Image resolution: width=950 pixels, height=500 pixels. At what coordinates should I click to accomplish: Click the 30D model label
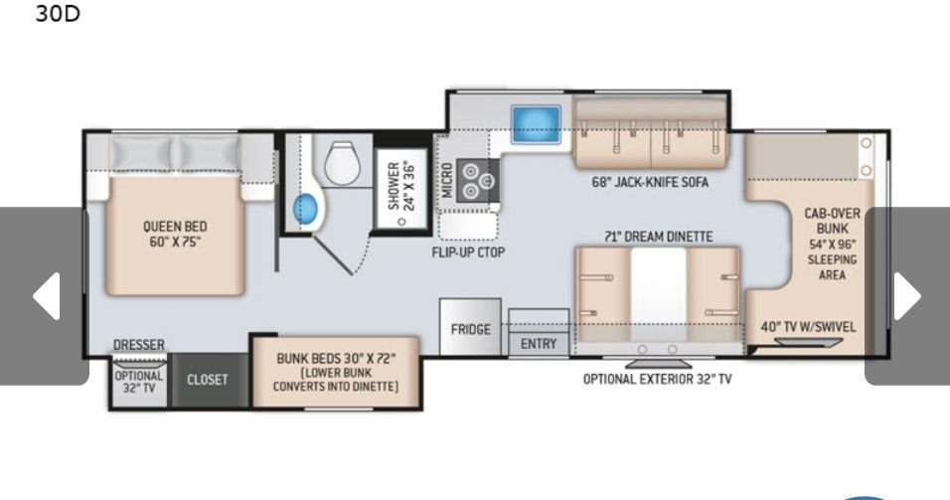click(x=58, y=13)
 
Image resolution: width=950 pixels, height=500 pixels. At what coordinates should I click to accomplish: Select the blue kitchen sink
click(x=536, y=124)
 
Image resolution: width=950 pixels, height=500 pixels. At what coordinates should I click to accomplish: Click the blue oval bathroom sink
click(x=305, y=209)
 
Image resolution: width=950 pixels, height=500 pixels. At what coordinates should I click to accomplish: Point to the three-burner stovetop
click(x=478, y=181)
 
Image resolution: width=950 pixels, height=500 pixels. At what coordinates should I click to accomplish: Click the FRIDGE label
click(x=471, y=329)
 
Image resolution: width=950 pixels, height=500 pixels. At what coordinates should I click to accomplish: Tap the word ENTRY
click(x=539, y=344)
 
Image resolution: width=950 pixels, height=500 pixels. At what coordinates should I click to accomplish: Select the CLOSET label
click(x=208, y=380)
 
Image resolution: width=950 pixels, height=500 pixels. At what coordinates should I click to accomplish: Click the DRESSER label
click(x=139, y=344)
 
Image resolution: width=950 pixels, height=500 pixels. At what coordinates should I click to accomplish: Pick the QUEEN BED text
click(x=175, y=226)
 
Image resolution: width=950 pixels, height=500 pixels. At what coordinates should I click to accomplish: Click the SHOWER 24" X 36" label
click(x=401, y=186)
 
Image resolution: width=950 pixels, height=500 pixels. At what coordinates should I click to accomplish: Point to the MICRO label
click(x=447, y=180)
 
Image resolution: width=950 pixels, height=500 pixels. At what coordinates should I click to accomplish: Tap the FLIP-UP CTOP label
click(x=468, y=252)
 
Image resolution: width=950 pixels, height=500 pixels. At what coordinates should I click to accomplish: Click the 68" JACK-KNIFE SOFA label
click(x=650, y=182)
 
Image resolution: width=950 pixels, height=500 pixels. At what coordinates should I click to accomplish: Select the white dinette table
click(x=658, y=294)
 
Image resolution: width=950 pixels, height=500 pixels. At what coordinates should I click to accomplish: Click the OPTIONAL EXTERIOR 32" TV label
click(x=658, y=380)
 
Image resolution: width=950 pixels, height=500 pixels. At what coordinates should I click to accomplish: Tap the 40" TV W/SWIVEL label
click(x=808, y=327)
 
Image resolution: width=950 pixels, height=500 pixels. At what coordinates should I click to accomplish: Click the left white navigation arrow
click(x=48, y=296)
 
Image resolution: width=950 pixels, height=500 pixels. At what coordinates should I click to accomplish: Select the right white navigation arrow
click(x=907, y=296)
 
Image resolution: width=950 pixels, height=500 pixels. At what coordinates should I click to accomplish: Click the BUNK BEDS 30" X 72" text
click(x=336, y=358)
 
